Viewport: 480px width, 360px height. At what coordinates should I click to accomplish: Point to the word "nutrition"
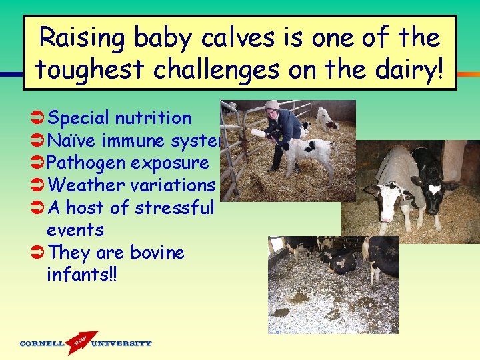(x=153, y=119)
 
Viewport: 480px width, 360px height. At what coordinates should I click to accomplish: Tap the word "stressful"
(x=174, y=208)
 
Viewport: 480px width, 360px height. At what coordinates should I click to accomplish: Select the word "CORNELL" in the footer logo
(x=42, y=344)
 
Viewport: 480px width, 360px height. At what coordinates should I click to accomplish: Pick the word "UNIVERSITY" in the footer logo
(x=121, y=344)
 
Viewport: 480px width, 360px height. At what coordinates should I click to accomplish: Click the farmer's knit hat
(x=272, y=105)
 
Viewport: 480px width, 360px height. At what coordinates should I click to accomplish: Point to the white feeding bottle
(x=258, y=133)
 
